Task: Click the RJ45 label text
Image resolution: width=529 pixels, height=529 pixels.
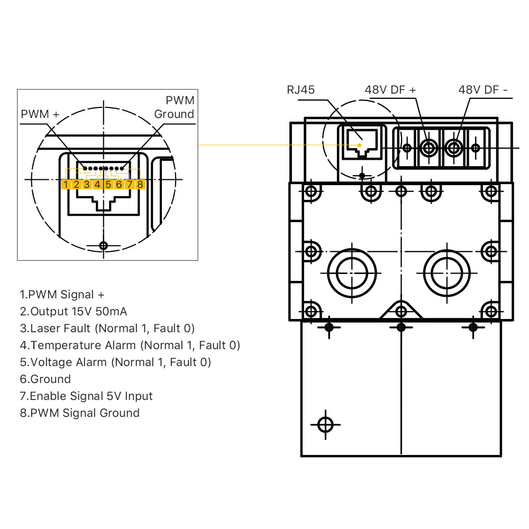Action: [x=300, y=89]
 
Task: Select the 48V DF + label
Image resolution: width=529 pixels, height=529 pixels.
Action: [x=390, y=89]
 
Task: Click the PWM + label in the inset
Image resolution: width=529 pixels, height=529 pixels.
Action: [x=40, y=114]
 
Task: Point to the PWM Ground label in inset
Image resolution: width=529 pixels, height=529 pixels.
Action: [x=175, y=107]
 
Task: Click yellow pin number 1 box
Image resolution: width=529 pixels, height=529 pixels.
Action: [x=66, y=184]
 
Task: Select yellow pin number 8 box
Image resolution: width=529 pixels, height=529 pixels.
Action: [x=140, y=184]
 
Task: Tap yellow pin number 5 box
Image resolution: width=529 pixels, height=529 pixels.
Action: [x=108, y=184]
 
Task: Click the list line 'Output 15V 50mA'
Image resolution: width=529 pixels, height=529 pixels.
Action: [x=74, y=312]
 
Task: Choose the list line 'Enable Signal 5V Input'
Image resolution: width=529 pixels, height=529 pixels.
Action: [x=86, y=396]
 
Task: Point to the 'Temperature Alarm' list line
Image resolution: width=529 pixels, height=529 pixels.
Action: [x=130, y=345]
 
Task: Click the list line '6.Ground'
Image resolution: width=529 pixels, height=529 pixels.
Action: [x=45, y=379]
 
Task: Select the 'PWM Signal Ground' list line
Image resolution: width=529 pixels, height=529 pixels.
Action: [x=80, y=413]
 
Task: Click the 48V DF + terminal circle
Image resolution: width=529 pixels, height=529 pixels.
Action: [x=427, y=148]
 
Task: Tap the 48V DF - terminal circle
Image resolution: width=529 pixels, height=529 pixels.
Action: [x=453, y=148]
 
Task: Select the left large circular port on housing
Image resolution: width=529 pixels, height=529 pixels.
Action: [x=352, y=273]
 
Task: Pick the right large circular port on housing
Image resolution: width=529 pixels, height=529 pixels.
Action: [x=447, y=273]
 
